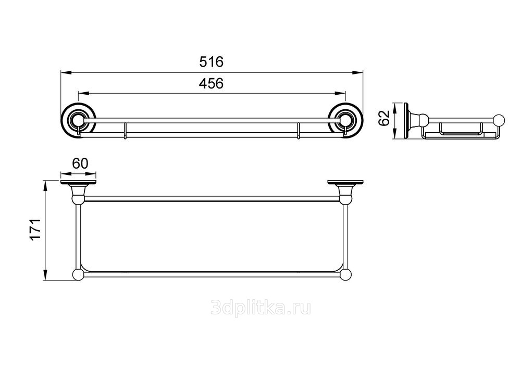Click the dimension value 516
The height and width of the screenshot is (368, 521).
coord(212,62)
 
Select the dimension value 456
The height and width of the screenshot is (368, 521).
coord(212,83)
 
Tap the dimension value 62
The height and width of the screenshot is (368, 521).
coord(384,118)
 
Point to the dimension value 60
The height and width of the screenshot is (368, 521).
coord(80,163)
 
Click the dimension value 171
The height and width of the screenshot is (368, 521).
coord(35,230)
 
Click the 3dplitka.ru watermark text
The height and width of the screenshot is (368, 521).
coord(261,308)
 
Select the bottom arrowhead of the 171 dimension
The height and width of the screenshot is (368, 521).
coord(45,275)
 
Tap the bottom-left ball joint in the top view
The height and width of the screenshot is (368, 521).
coord(79,275)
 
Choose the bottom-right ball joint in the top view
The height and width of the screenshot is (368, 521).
coord(345,275)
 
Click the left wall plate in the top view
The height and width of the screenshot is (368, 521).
coord(79,183)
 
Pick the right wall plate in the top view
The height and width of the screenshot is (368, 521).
coord(345,183)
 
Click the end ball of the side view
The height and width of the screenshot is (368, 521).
coord(499,120)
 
